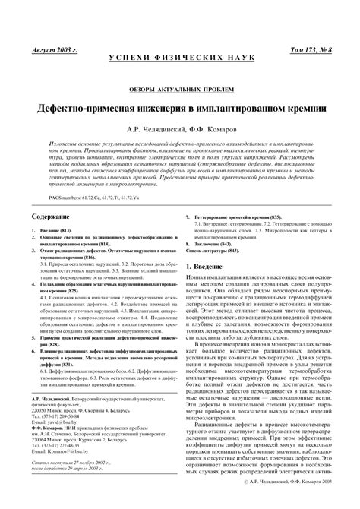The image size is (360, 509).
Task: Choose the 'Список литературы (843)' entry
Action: [223, 251]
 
